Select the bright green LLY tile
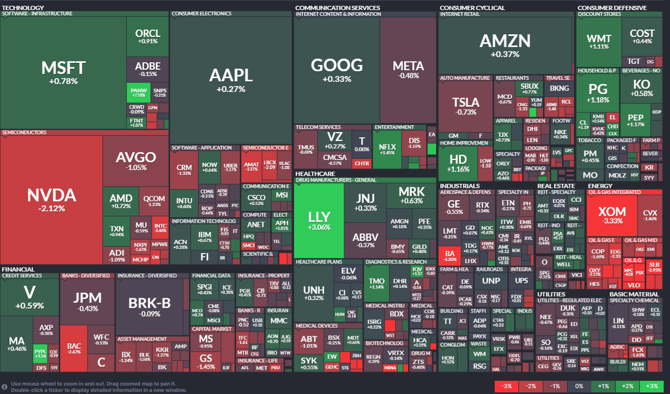pyautogui.click(x=318, y=220)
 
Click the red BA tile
pyautogui.click(x=450, y=256)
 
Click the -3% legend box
pyautogui.click(x=506, y=387)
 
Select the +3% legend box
pyautogui.click(x=652, y=387)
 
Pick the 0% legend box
pyautogui.click(x=579, y=387)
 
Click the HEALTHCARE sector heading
pyautogui.click(x=315, y=173)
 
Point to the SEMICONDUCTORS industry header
pyautogui.click(x=24, y=133)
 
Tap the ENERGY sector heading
pyautogui.click(x=600, y=186)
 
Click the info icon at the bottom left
pyautogui.click(x=5, y=387)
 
